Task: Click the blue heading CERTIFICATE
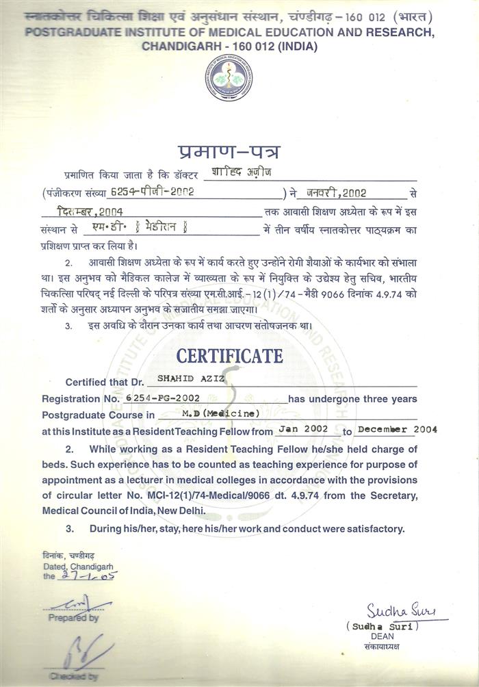point(230,357)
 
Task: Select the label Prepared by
point(74,618)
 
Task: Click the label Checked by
point(73,676)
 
